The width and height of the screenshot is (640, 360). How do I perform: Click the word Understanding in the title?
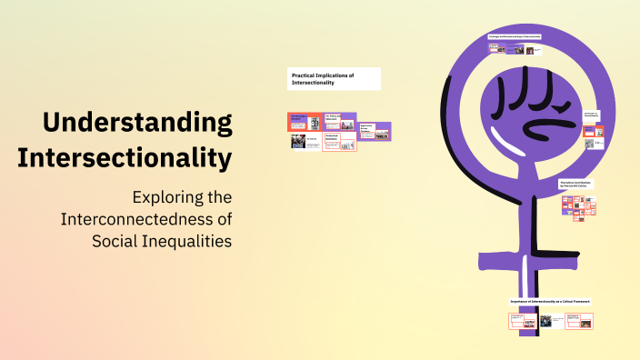click(x=137, y=122)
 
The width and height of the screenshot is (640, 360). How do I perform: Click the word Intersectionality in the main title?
click(x=125, y=157)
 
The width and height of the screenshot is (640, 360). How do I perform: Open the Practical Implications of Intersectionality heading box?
click(x=334, y=78)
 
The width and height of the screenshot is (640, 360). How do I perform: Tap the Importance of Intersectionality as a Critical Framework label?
click(x=550, y=300)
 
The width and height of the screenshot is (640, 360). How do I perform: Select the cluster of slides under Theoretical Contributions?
click(x=579, y=207)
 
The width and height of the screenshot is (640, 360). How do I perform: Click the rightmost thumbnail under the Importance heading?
click(x=579, y=321)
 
